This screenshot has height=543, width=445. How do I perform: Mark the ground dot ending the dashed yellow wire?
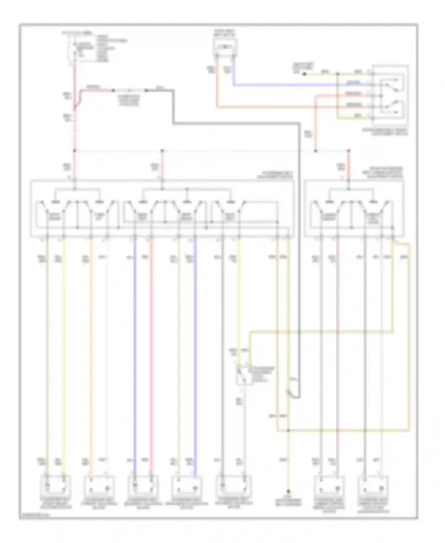coord(288,492)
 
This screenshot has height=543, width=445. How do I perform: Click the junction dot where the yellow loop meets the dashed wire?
coord(288,430)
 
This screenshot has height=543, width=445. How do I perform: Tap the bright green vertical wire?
coord(239,297)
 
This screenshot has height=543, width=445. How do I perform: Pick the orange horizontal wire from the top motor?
coord(267,107)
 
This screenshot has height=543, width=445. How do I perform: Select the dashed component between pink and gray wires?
coord(130,90)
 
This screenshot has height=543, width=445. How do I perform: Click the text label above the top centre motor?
coord(225,33)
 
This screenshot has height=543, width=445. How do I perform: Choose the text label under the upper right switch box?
coord(385,132)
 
